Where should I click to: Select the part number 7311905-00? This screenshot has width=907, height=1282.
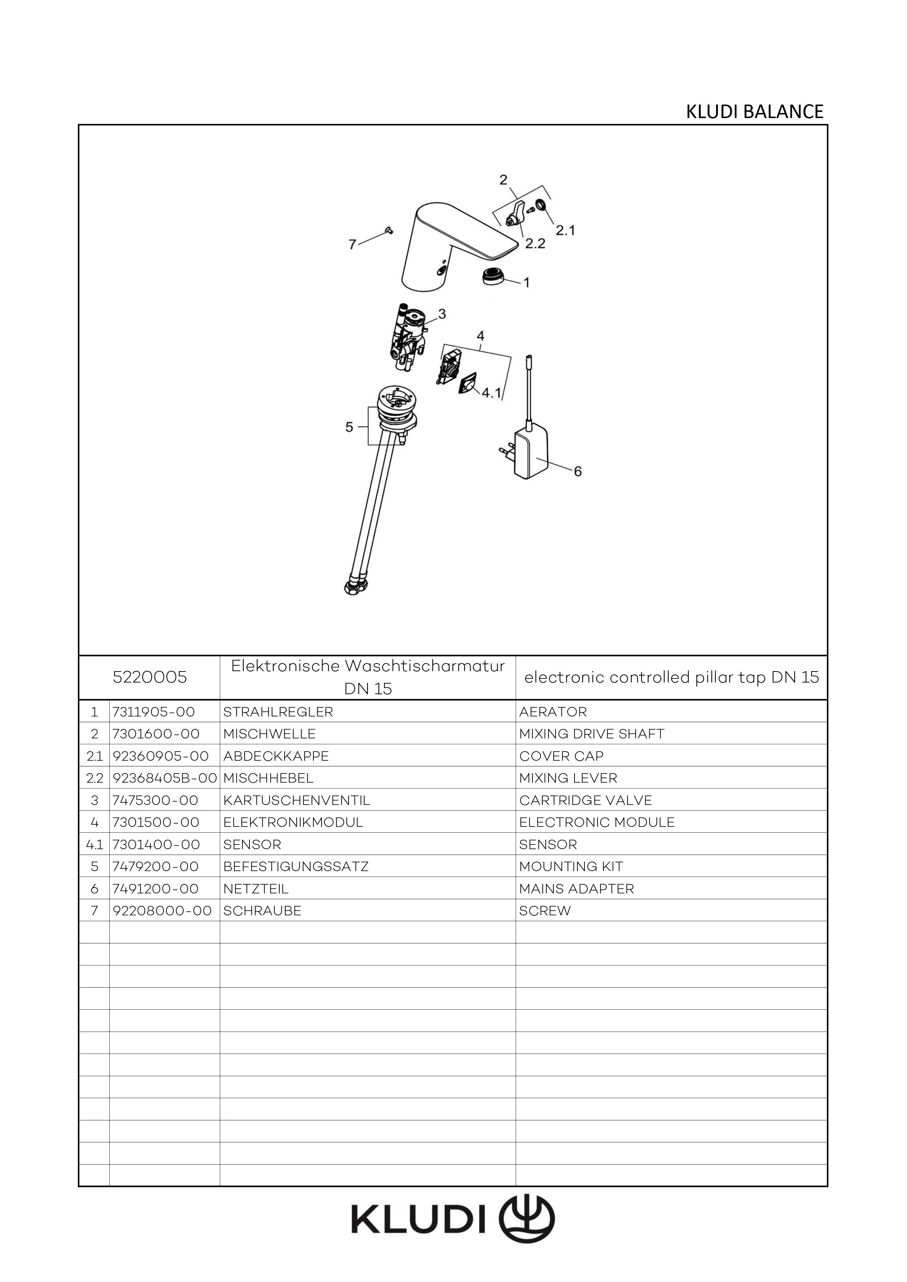(x=154, y=712)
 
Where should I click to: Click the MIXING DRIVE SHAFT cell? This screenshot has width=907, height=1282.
(x=591, y=734)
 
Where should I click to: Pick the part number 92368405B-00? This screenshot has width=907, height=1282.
(x=165, y=778)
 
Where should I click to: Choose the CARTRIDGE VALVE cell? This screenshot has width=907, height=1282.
(x=585, y=800)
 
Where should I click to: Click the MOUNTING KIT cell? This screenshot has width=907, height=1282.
(x=571, y=867)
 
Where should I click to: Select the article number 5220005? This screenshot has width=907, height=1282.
(x=150, y=677)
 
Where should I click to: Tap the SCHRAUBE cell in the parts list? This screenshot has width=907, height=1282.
(x=262, y=911)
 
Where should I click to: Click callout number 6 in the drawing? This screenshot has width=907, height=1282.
(x=577, y=472)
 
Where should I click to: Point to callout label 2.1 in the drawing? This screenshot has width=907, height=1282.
(x=565, y=230)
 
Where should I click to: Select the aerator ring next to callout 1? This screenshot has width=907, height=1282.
(x=492, y=276)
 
